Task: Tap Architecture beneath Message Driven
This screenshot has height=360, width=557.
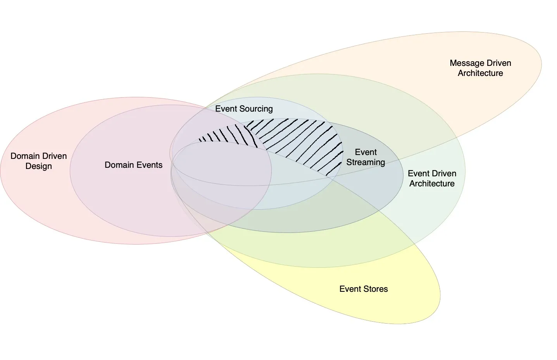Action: [480, 73]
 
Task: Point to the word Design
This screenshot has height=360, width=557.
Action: [38, 166]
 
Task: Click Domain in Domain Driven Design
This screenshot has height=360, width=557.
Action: [25, 156]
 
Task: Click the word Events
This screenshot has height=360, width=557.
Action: [149, 165]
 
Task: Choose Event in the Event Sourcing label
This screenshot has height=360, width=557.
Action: [226, 109]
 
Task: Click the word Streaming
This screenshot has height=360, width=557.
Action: [366, 162]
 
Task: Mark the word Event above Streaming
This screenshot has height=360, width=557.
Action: [366, 152]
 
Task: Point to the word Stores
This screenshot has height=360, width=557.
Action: [376, 289]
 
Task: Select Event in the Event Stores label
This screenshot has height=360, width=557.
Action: [350, 289]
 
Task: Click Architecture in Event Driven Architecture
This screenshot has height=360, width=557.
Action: [432, 184]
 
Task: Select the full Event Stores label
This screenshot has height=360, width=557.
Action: [364, 289]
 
